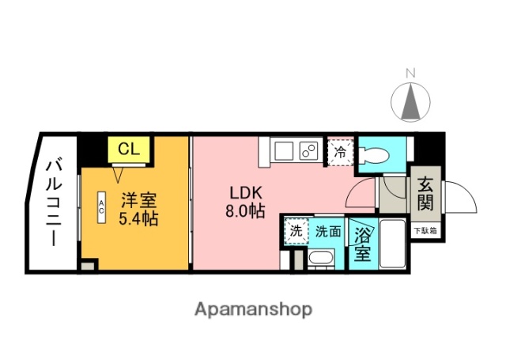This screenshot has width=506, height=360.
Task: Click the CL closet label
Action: click(129, 148)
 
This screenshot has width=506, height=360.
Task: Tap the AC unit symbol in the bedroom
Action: click(102, 207)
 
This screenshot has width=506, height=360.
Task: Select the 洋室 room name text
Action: click(138, 199)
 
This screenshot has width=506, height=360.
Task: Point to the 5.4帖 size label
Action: click(138, 218)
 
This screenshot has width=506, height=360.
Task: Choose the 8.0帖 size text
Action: click(245, 211)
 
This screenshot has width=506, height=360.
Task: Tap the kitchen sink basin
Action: click(284, 150)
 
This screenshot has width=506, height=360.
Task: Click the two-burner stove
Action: click(308, 150)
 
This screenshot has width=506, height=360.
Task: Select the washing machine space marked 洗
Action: click(296, 232)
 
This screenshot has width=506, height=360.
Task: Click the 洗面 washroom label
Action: click(327, 232)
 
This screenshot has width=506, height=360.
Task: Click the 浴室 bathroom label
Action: click(362, 244)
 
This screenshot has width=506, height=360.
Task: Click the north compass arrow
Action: click(410, 101)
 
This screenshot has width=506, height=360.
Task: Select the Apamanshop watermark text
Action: click(253, 309)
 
